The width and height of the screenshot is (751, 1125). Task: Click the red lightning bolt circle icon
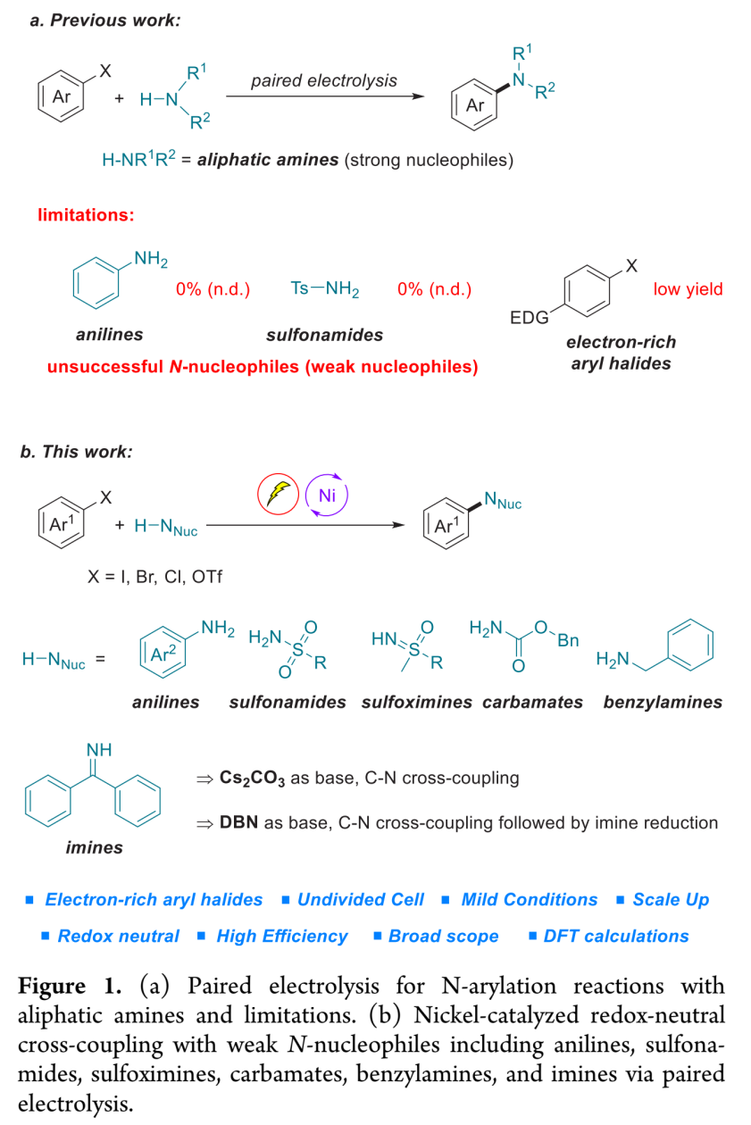[276, 496]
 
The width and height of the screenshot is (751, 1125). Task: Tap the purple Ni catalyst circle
[326, 496]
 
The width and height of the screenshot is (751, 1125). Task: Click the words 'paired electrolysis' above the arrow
[324, 80]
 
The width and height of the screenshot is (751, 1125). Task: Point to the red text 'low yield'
[688, 288]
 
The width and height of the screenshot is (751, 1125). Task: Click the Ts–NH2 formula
[324, 288]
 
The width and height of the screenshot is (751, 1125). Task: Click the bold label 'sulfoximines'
[417, 702]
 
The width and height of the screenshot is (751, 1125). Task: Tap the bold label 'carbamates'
[532, 702]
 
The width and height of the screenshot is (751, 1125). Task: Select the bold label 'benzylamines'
[663, 702]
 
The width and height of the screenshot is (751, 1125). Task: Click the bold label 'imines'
[94, 847]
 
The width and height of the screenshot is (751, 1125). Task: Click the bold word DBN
[239, 822]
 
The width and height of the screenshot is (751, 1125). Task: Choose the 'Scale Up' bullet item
[670, 899]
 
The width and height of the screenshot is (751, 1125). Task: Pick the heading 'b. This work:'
[76, 451]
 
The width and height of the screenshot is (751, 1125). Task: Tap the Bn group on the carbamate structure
[567, 640]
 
